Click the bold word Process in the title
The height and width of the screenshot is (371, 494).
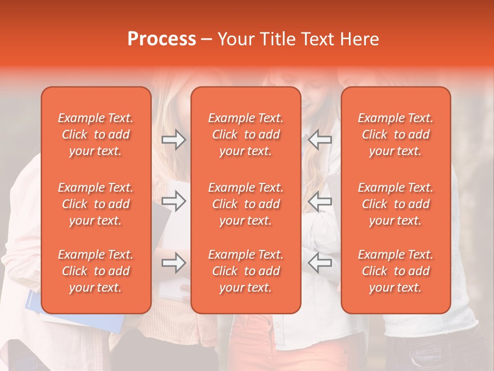click(162, 39)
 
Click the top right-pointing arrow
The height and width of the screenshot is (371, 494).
click(173, 140)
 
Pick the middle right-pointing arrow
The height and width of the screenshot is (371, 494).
click(173, 201)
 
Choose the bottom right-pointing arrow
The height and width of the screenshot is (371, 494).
click(173, 263)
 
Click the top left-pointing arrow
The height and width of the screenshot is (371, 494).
click(320, 140)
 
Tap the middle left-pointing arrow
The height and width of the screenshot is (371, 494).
click(320, 201)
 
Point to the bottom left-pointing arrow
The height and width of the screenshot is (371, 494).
click(320, 263)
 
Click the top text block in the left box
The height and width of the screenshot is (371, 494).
click(96, 134)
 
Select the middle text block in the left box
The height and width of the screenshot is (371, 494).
click(96, 204)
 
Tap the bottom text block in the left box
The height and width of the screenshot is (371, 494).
click(96, 271)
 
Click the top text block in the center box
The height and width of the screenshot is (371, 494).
click(246, 134)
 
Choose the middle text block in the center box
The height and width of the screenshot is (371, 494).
click(246, 204)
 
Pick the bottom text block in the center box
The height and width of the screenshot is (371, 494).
click(246, 271)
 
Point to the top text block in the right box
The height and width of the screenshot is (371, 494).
click(396, 134)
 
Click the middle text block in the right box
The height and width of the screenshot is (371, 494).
click(396, 204)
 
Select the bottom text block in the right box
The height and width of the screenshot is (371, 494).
click(396, 271)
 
